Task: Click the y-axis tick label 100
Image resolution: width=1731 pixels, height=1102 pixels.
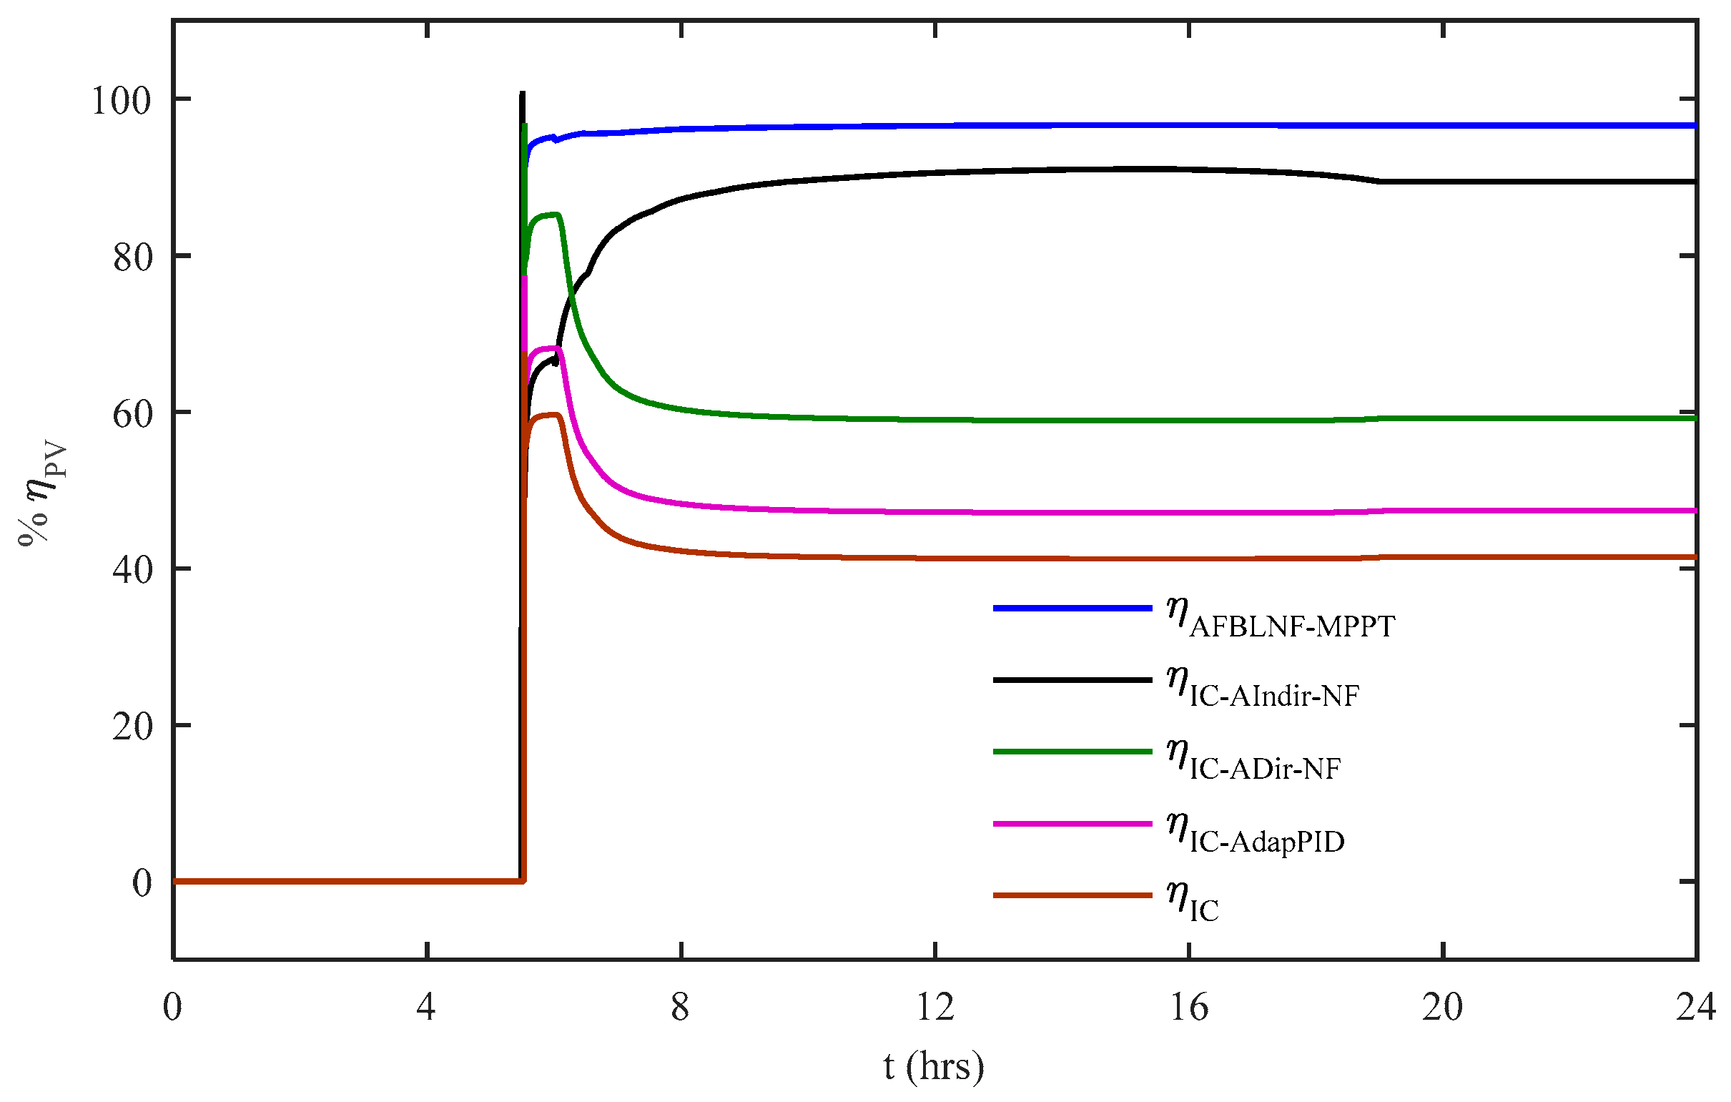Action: click(121, 101)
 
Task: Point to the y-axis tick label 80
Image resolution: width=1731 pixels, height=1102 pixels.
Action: click(133, 257)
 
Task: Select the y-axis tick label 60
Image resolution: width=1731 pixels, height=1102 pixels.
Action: click(133, 414)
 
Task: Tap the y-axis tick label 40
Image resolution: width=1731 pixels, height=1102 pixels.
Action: click(133, 571)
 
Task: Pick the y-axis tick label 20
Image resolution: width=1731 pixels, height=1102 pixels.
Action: click(133, 727)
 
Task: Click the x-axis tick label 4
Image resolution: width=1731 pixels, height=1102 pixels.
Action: click(426, 1007)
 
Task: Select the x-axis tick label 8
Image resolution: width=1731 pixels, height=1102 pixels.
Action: click(680, 1007)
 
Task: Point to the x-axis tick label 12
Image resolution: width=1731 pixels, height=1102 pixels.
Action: click(934, 1007)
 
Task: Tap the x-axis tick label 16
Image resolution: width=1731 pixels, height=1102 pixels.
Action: click(1189, 1007)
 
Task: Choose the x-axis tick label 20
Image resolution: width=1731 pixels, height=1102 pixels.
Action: click(1443, 1007)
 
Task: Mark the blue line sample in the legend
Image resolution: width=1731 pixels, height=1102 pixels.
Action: click(1072, 608)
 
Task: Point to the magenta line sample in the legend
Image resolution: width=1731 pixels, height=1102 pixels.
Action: click(1072, 823)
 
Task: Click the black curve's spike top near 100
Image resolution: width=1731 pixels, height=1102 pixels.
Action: click(522, 94)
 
